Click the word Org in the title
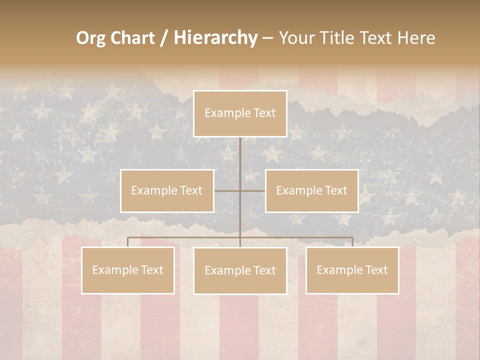click(90, 38)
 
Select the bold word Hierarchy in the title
click(215, 38)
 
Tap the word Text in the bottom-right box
click(376, 270)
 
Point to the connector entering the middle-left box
click(227, 190)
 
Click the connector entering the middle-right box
click(253, 190)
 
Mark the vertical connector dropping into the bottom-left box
click(128, 242)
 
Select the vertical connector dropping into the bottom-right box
click(352, 242)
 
